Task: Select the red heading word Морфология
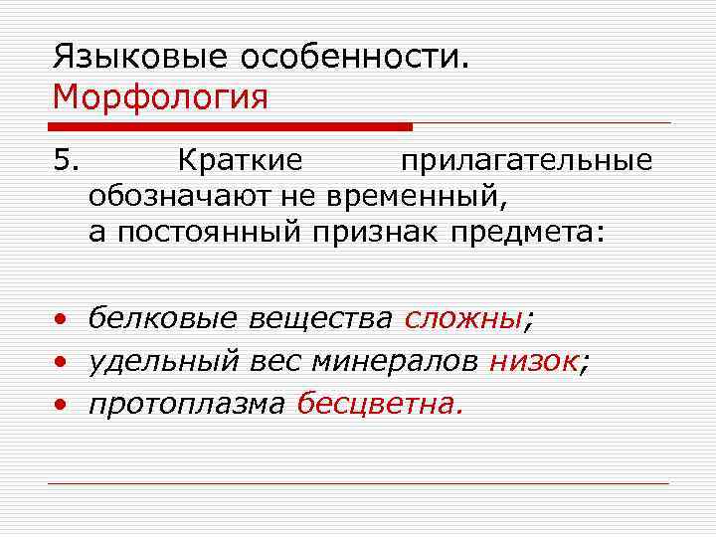click(x=160, y=97)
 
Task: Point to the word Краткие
click(x=240, y=160)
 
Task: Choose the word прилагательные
click(x=526, y=160)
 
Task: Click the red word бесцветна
click(x=380, y=405)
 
